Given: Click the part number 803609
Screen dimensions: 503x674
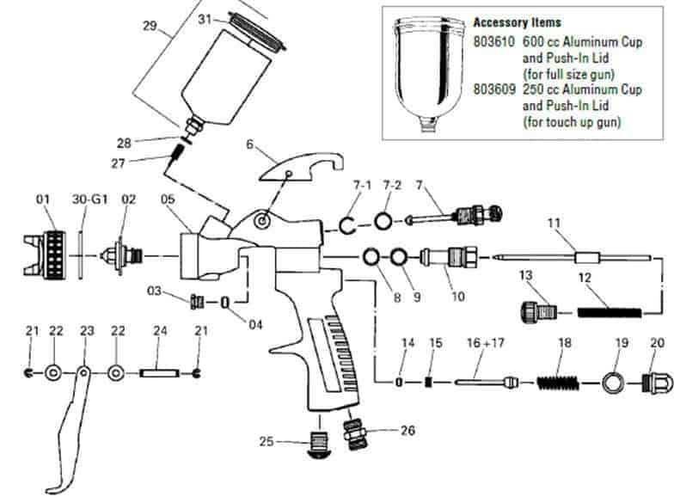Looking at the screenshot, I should pos(494,89).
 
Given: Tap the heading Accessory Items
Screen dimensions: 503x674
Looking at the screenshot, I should pos(517,22).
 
